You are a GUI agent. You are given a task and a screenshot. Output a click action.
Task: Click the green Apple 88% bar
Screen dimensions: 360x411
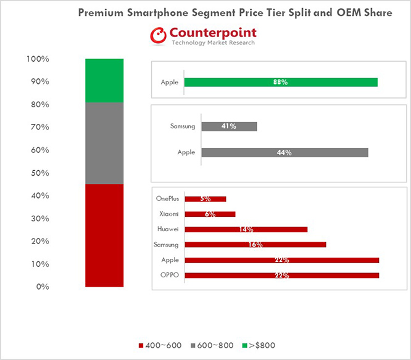pos(281,82)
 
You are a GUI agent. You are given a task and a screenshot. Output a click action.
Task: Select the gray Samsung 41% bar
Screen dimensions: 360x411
pos(229,126)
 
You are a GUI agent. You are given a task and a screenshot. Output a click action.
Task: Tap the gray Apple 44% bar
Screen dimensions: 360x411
pos(284,152)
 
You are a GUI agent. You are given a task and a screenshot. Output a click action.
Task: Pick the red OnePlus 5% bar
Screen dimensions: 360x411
pos(205,199)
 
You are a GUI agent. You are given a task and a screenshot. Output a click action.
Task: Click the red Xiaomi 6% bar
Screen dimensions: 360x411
pos(210,214)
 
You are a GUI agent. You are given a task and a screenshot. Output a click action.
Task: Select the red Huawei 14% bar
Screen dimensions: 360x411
pos(246,229)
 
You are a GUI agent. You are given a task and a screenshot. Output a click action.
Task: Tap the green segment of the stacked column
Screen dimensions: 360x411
pos(104,81)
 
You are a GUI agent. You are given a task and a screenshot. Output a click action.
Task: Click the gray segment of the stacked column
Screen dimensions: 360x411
pos(104,143)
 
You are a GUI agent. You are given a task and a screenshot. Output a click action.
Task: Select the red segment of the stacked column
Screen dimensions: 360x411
pos(104,235)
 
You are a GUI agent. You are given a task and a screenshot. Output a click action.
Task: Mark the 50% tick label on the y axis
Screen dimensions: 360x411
pos(39,173)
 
